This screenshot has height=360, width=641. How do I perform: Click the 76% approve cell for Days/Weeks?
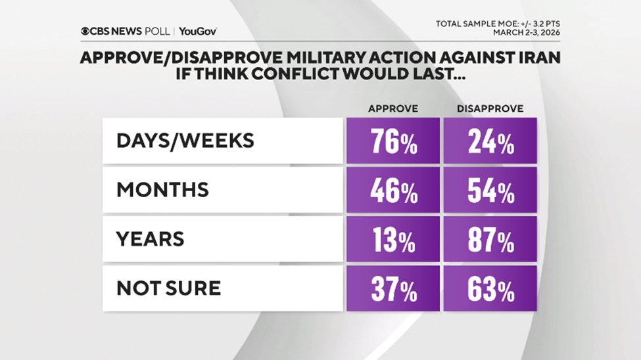click(392, 142)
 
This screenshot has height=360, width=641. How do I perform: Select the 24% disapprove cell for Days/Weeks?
click(490, 142)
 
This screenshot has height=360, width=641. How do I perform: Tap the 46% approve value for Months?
click(392, 191)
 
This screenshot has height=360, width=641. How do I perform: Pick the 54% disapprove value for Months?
click(490, 191)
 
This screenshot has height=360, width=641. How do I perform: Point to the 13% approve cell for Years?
click(392, 240)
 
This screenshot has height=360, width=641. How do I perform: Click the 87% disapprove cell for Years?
click(490, 240)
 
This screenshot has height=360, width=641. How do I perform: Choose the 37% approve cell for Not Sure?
click(392, 288)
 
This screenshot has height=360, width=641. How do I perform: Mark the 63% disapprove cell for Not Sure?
click(490, 288)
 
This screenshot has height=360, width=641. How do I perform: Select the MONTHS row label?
click(162, 191)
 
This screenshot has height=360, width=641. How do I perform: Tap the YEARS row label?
click(150, 240)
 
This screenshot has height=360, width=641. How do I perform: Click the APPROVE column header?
click(392, 109)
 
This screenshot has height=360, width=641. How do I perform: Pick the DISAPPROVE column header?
click(490, 109)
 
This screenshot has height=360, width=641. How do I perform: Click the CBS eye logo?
click(85, 31)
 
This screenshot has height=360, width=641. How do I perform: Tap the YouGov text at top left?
click(198, 31)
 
